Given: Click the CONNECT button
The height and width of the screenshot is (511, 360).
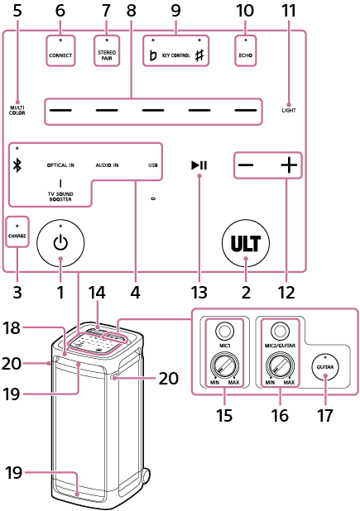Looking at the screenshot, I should tap(60, 56).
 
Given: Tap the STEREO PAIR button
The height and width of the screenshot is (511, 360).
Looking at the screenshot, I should tap(107, 56).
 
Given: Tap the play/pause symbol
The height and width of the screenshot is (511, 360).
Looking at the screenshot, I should tap(199, 165).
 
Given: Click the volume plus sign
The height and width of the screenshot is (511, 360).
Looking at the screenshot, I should tap(287, 165).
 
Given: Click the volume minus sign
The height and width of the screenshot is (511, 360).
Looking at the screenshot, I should tap(246, 165).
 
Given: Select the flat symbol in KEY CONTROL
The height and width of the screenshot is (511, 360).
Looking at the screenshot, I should tap(152, 56).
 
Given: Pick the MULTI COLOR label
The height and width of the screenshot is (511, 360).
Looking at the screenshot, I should tap(17, 110).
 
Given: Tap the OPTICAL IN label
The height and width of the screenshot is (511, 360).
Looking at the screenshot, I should tap(60, 165).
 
